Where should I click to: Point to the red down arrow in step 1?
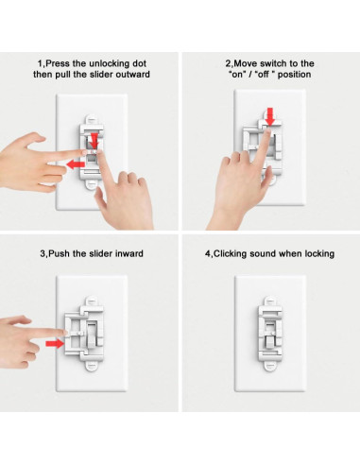tap(94, 139)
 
